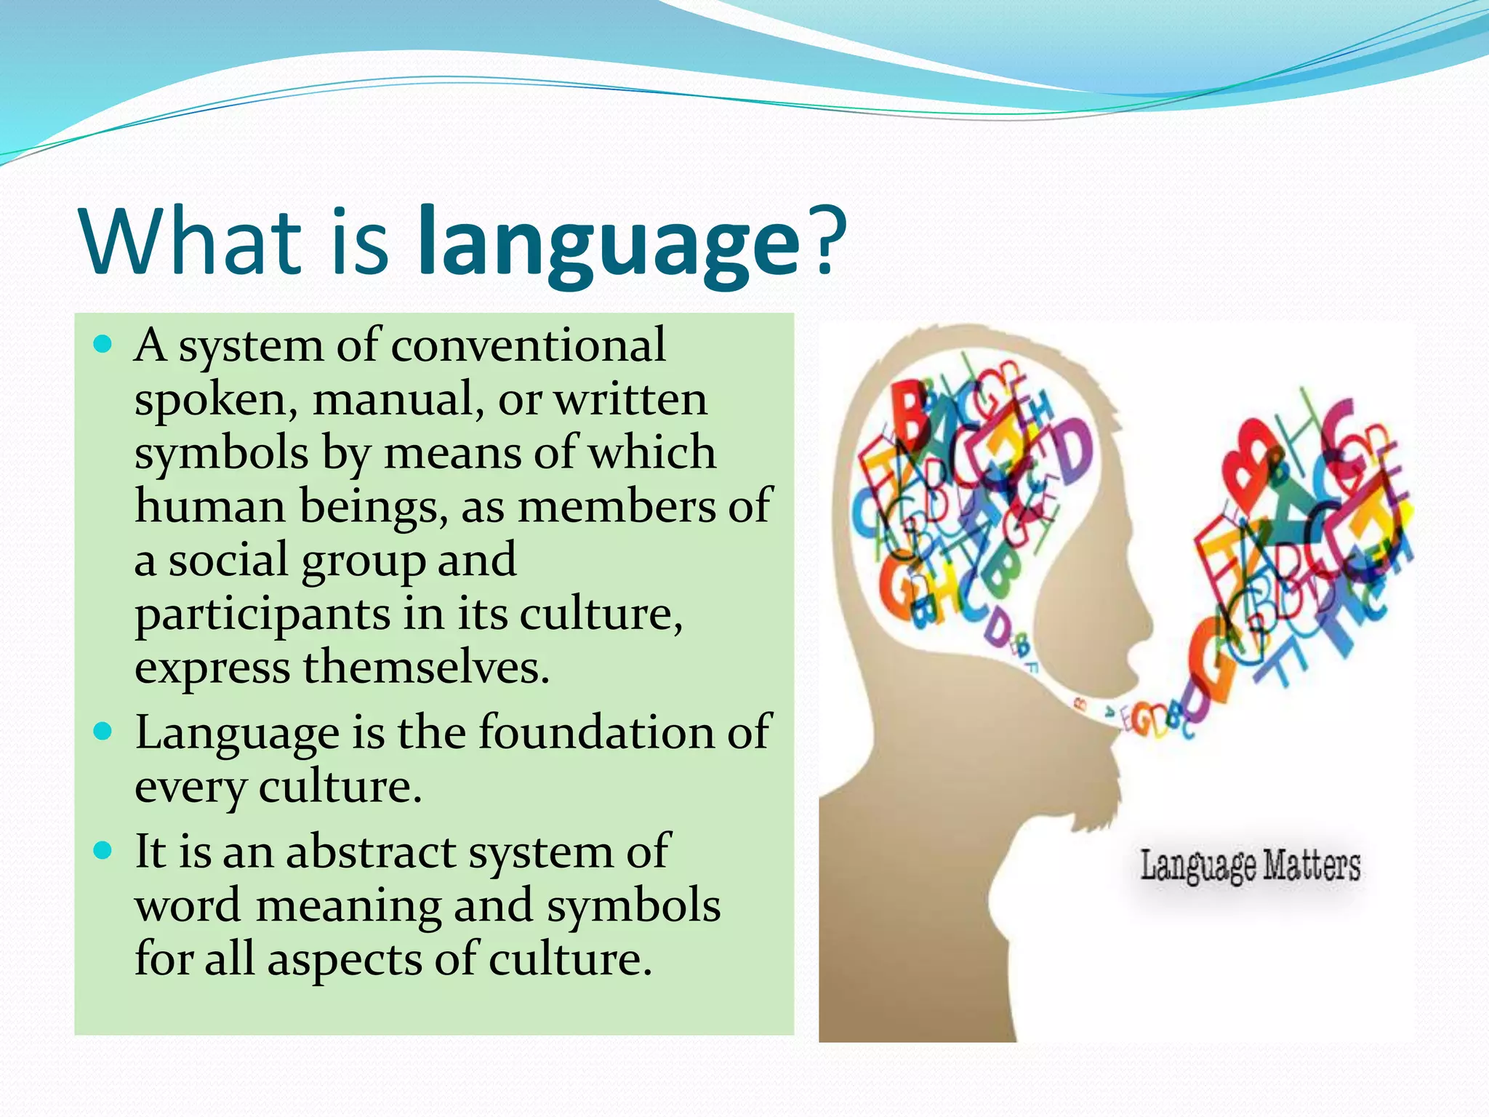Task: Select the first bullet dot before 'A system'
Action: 104,344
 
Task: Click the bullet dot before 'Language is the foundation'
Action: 104,731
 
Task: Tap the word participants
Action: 262,615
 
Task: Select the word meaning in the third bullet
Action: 348,906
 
